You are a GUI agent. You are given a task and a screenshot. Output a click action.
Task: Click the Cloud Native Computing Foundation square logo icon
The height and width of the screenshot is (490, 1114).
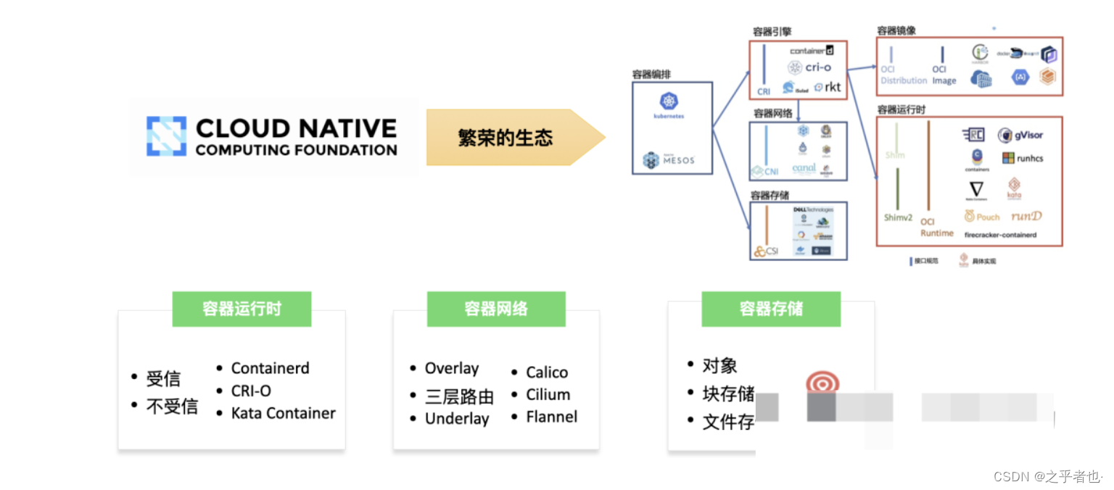pos(166,136)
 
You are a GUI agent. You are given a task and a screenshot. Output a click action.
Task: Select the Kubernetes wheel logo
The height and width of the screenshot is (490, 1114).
pos(669,101)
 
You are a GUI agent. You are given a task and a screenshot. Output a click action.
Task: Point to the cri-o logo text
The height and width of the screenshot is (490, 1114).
pos(818,67)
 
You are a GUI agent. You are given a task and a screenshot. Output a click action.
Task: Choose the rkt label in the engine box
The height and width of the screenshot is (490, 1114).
pos(833,87)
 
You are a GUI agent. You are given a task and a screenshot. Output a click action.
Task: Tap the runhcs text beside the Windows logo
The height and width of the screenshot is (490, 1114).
pos(1030,158)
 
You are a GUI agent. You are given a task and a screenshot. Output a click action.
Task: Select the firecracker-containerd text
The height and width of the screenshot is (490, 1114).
pos(1000,235)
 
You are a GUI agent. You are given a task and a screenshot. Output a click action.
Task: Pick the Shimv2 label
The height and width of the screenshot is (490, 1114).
pos(898,217)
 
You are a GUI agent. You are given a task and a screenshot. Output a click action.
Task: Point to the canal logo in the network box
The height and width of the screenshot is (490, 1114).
pos(804,168)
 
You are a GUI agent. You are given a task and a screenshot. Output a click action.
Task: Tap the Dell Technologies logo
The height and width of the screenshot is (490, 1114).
pos(812,209)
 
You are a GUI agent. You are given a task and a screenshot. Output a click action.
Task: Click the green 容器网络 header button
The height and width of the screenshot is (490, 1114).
pos(496,309)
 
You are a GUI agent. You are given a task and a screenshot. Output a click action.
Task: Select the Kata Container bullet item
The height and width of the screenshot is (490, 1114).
pos(283,413)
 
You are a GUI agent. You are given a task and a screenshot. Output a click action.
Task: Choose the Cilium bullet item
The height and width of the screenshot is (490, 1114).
pos(548,395)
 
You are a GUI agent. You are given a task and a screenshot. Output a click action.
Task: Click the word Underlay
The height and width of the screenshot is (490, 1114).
pos(457,419)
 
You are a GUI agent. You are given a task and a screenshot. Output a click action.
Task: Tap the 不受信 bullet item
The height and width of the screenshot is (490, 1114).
pos(172,407)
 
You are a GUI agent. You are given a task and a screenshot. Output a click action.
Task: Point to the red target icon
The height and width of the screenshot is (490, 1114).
pos(822,384)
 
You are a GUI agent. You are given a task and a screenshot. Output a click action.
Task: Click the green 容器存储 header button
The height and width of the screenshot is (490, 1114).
pos(771,309)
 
